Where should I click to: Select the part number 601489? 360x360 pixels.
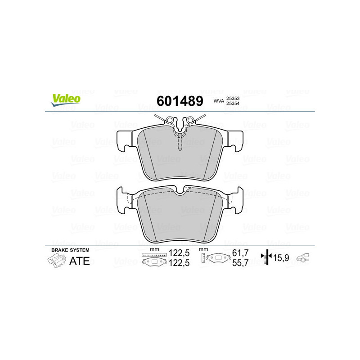click(180, 101)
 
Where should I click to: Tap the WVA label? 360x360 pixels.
click(219, 102)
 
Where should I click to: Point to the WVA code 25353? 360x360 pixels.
click(233, 99)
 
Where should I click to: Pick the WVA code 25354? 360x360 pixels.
click(233, 104)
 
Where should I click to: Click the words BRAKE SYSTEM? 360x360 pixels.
click(70, 250)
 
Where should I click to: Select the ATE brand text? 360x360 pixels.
click(79, 261)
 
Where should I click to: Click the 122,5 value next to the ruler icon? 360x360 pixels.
click(179, 253)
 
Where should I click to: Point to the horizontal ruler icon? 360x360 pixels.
click(153, 255)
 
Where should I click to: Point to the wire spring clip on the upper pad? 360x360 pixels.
click(180, 121)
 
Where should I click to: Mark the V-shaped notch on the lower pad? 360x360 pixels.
click(180, 192)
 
